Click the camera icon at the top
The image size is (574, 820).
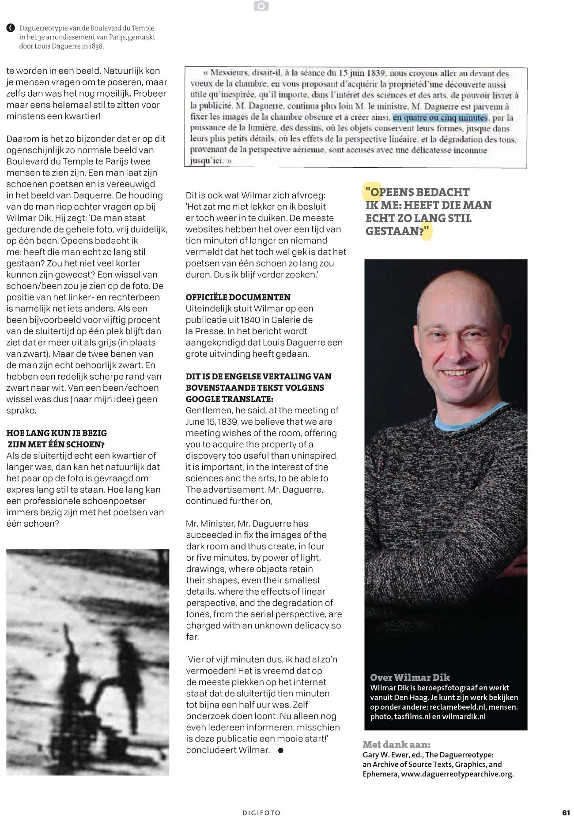coord(261,6)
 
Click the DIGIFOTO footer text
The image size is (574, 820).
coord(261,813)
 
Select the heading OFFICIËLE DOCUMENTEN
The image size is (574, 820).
coord(238,297)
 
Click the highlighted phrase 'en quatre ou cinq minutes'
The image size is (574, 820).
coord(440,118)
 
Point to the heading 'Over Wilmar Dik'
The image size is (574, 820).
coord(410,678)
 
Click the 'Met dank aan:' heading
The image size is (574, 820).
coord(396,745)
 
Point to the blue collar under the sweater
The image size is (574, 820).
coord(464,415)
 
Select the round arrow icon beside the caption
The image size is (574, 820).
coord(11,28)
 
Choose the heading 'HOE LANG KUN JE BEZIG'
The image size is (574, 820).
coord(57,433)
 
